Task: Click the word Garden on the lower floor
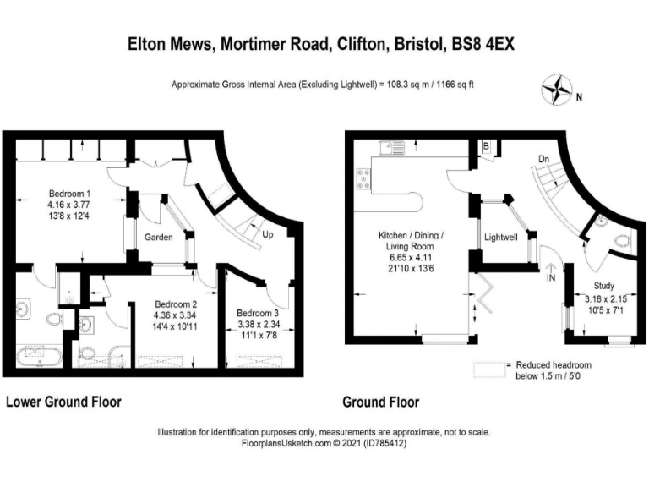point(159,238)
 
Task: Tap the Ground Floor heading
point(380,402)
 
